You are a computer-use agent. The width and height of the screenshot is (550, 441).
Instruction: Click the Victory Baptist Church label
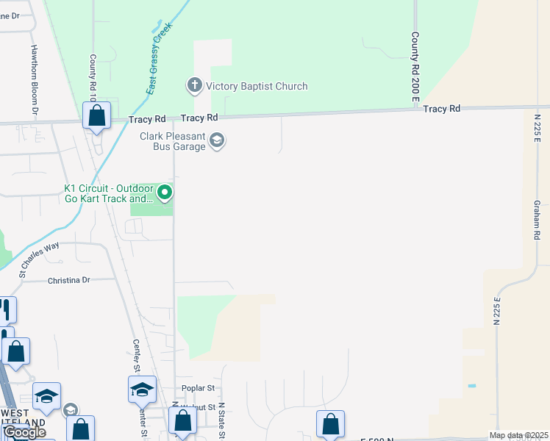(x=257, y=87)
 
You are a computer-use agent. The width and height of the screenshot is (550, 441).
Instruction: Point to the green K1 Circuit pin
(x=165, y=193)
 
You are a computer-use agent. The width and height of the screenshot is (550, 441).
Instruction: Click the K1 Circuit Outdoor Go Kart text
(x=108, y=193)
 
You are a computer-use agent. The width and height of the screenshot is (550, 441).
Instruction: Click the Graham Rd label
(x=537, y=220)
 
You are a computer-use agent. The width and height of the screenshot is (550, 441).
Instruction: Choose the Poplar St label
(x=198, y=388)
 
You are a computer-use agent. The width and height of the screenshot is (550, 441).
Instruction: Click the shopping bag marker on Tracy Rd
(x=96, y=115)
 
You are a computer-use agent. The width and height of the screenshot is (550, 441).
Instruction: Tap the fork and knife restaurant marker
(x=6, y=309)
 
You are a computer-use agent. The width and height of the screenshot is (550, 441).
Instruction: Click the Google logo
(x=24, y=433)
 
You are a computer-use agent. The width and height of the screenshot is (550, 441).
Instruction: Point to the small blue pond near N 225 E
(x=471, y=386)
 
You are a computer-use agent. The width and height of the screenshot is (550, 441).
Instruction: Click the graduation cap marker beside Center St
(x=142, y=389)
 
